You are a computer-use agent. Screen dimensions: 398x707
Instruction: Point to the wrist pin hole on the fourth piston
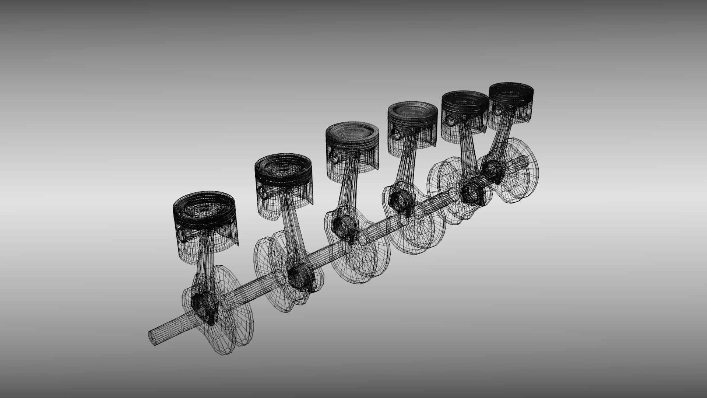(x=395, y=133)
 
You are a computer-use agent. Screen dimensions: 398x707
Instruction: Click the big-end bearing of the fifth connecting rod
(x=471, y=192)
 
